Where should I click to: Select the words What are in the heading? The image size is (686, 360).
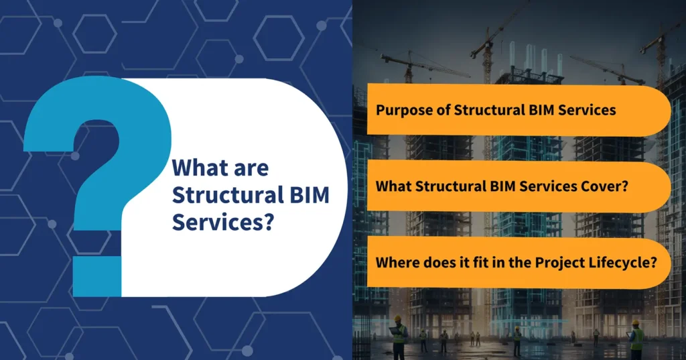[220, 167]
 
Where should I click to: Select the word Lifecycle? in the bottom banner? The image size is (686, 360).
[626, 262]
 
